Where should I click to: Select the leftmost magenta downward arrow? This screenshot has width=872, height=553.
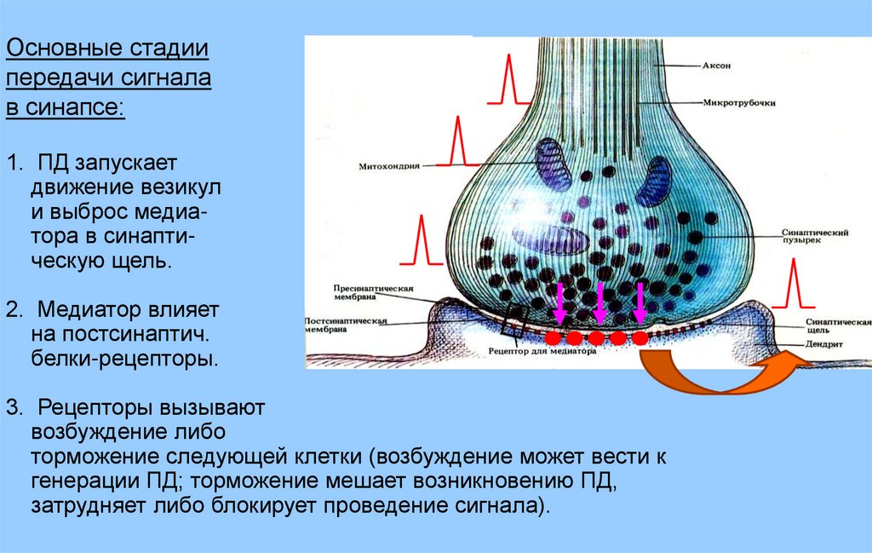559,304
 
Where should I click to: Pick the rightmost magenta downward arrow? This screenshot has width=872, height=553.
640,304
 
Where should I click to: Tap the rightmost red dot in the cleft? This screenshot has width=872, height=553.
640,338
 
